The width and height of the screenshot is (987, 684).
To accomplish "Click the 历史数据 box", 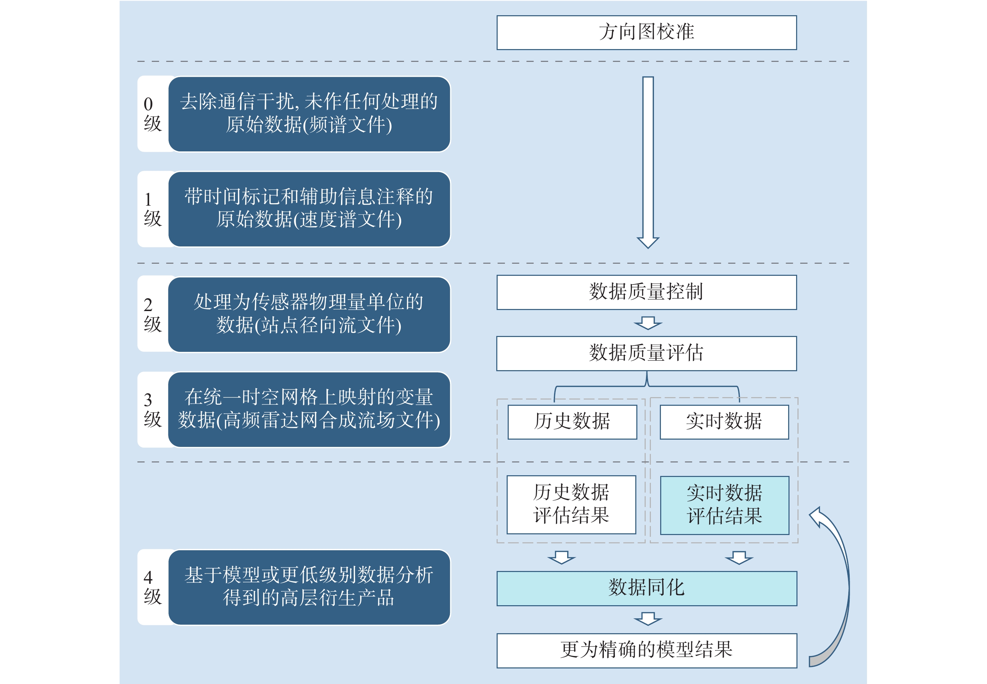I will coord(572,422).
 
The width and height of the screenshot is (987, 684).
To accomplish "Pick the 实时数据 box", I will coord(724,422).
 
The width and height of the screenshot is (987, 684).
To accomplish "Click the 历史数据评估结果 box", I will coord(571,504).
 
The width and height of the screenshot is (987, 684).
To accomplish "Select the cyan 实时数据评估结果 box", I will coord(724,505).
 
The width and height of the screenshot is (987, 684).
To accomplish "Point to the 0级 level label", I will coord(152,114).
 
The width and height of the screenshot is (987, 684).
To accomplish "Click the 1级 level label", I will coord(152,209).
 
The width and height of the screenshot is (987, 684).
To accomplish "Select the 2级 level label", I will coord(152,314).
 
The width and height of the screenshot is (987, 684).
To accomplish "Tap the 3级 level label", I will coord(152,409).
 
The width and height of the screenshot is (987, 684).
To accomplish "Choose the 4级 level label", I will coord(152,587).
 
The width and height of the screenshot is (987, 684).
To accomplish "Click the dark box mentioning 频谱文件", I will coord(309,114).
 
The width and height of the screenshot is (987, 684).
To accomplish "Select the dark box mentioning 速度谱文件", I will coord(309,209).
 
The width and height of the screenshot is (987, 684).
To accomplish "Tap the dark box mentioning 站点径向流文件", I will coord(309,314).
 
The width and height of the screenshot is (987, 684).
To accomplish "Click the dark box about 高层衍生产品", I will coord(309,587).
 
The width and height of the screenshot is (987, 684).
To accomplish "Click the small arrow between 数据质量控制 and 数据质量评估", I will coord(648,323).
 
